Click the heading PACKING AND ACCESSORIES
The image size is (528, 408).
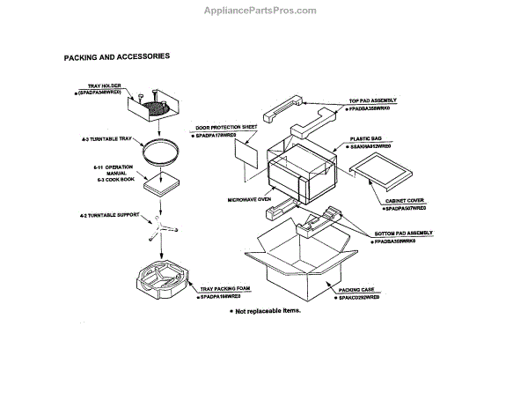click(x=117, y=56)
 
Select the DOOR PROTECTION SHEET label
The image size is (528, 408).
click(x=225, y=127)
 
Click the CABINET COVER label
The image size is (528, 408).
click(x=406, y=201)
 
